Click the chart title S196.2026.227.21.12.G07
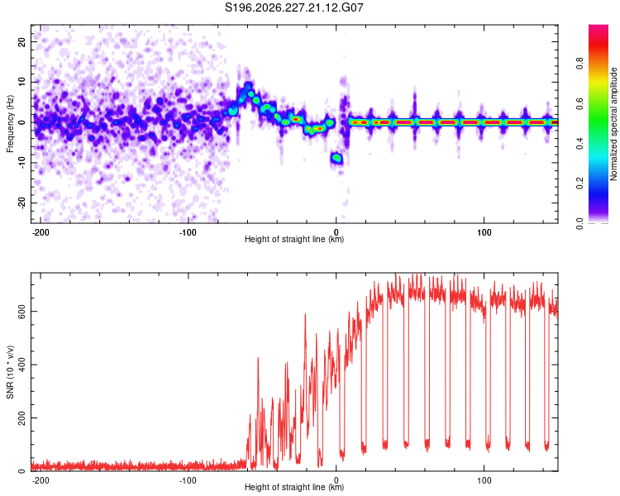pyautogui.click(x=294, y=7)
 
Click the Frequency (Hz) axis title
pyautogui.click(x=10, y=124)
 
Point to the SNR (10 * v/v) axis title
pyautogui.click(x=10, y=372)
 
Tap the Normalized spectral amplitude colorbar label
pyautogui.click(x=613, y=124)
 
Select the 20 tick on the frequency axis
pyautogui.click(x=22, y=41)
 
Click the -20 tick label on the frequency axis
pyautogui.click(x=22, y=203)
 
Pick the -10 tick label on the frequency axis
pyautogui.click(x=22, y=162)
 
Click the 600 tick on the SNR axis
pyautogui.click(x=22, y=312)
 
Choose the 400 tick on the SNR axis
pyautogui.click(x=22, y=365)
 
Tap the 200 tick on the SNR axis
pyautogui.click(x=22, y=417)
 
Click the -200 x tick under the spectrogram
pyautogui.click(x=40, y=232)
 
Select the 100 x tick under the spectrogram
pyautogui.click(x=484, y=232)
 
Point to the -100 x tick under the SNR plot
pyautogui.click(x=188, y=480)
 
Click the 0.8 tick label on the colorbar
pyautogui.click(x=580, y=64)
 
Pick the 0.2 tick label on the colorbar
pyautogui.click(x=580, y=184)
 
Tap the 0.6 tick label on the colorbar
pyautogui.click(x=580, y=103)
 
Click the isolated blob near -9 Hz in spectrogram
pyautogui.click(x=336, y=158)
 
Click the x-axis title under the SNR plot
pyautogui.click(x=294, y=487)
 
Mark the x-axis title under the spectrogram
pyautogui.click(x=294, y=239)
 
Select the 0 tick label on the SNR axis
pyautogui.click(x=22, y=471)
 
